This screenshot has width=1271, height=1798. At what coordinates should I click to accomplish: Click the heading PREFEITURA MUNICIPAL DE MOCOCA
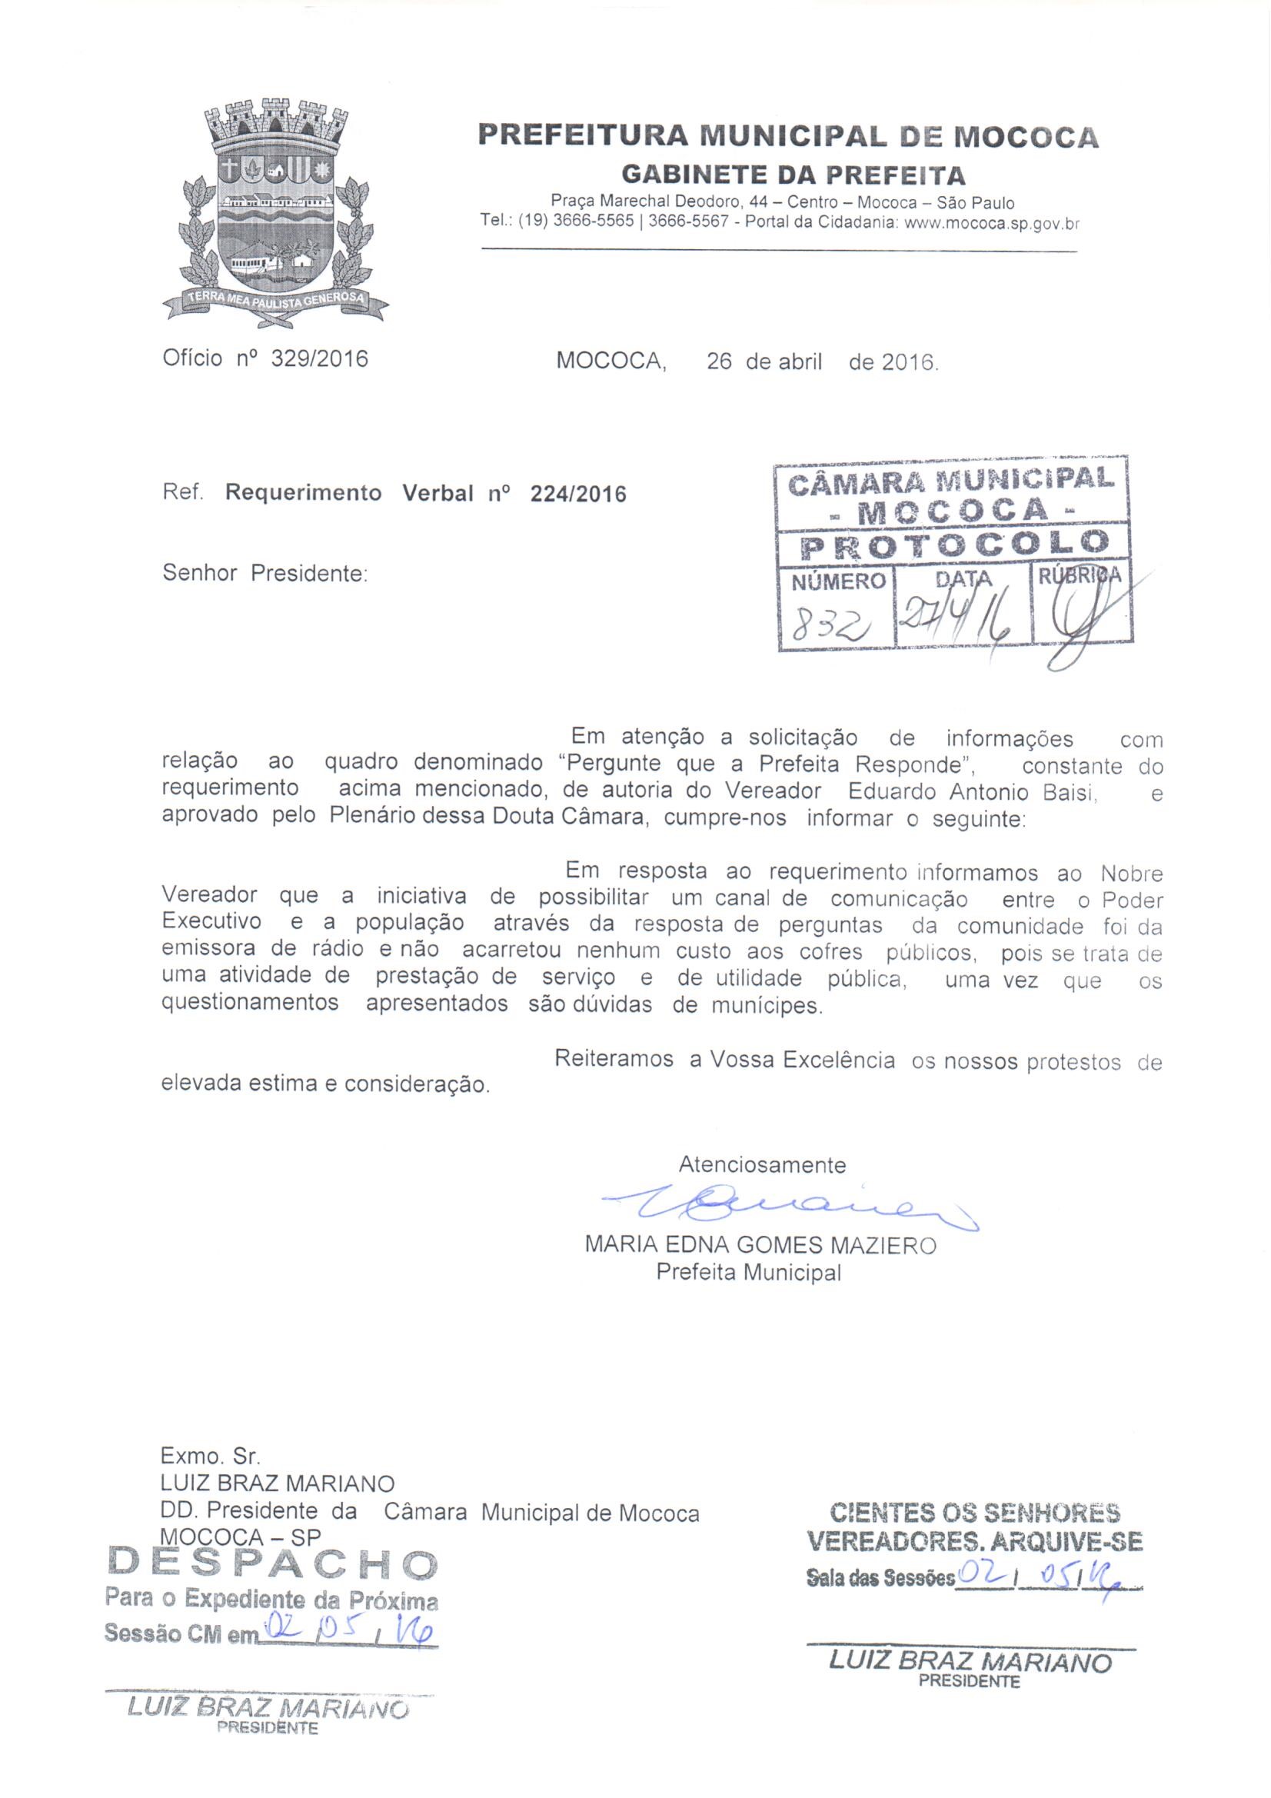click(x=788, y=136)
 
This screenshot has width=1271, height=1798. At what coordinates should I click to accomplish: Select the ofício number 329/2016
click(x=319, y=359)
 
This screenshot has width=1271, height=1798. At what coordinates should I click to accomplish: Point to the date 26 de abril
click(x=764, y=361)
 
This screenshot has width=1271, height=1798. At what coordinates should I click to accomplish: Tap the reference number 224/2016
click(x=578, y=494)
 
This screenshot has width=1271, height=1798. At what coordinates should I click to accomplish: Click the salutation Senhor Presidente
click(x=265, y=574)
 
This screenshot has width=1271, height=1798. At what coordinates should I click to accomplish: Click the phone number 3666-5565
click(x=593, y=222)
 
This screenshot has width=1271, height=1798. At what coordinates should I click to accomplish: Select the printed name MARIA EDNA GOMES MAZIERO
click(x=760, y=1245)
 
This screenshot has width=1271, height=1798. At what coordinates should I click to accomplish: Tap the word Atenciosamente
click(x=762, y=1165)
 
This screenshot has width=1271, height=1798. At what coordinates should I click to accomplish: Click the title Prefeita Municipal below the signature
click(x=749, y=1273)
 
